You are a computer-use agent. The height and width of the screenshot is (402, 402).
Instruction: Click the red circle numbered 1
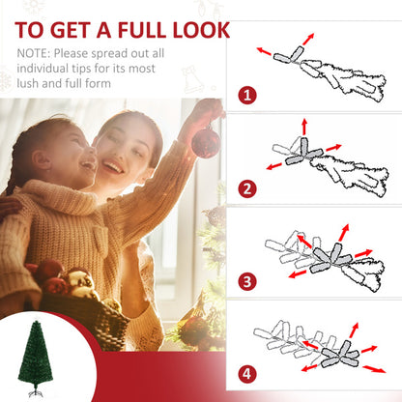(248, 96)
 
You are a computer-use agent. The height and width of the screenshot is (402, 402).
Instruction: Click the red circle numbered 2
(248, 188)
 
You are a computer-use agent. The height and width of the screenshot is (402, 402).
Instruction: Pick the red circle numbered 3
(248, 281)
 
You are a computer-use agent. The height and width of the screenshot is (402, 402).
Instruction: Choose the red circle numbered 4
(248, 373)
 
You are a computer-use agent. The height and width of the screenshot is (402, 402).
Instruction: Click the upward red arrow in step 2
(303, 127)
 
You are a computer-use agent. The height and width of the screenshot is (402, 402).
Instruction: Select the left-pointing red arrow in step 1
(264, 50)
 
